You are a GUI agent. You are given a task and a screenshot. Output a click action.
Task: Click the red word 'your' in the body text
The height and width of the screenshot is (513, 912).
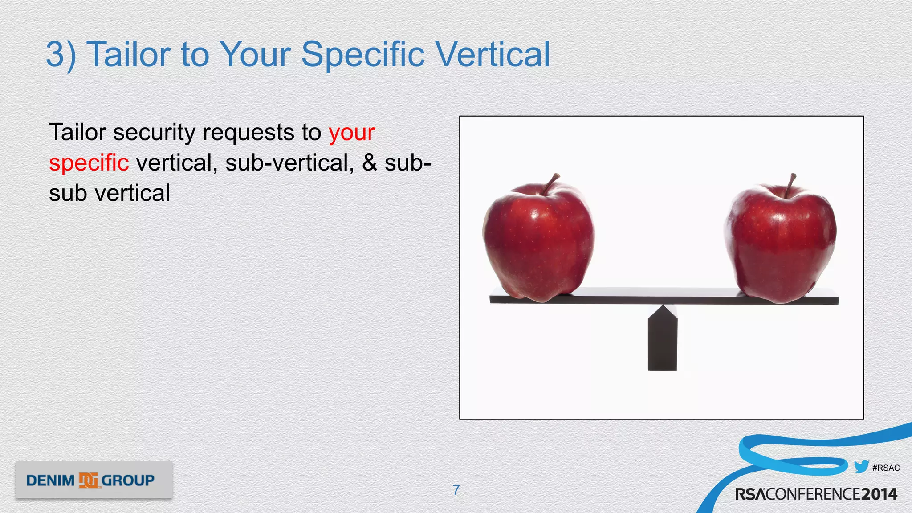352,133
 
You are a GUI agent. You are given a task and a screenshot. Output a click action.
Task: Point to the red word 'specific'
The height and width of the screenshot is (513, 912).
89,163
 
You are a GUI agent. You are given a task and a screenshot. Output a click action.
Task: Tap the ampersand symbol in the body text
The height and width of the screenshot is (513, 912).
369,163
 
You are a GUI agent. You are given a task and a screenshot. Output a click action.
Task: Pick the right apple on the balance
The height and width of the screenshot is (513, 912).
781,243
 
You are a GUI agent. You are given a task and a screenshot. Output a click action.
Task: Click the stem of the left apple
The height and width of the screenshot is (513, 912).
550,183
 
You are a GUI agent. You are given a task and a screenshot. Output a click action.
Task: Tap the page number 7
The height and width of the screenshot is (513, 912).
456,490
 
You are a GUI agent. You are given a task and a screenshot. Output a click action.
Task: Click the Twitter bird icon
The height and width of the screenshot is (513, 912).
861,467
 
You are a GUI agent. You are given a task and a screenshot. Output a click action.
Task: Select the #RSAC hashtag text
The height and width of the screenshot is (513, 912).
886,468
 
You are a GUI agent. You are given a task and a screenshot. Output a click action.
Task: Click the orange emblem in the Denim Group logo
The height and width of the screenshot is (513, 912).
88,480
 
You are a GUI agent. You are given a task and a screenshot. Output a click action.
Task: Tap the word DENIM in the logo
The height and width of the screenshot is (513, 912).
50,481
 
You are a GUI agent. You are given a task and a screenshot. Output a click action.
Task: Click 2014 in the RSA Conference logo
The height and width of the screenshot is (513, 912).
879,494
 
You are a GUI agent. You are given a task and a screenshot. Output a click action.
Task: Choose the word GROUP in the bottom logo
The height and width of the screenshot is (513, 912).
128,481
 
